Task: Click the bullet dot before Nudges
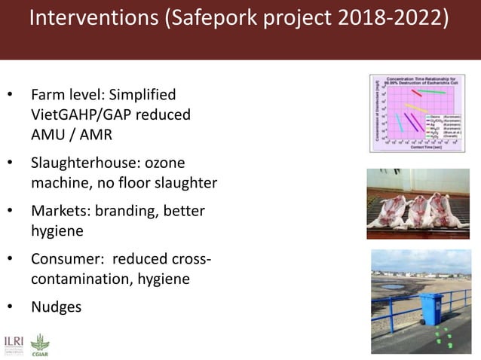10,307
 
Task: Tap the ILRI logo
14,340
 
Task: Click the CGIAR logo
39,343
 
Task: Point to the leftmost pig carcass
391,212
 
